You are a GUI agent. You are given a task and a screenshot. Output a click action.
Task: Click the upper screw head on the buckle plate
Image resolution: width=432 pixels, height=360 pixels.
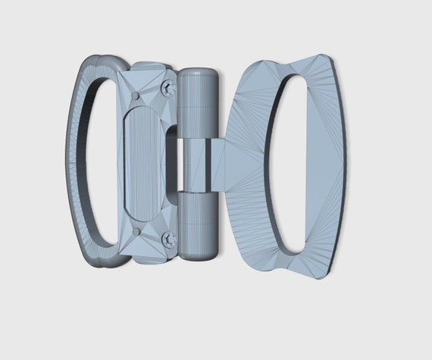pos(167,89)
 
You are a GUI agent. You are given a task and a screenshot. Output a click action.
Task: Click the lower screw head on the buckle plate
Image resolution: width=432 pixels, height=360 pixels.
pos(168,239)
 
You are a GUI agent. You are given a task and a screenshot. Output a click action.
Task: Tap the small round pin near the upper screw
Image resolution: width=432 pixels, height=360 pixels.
pos(135,95)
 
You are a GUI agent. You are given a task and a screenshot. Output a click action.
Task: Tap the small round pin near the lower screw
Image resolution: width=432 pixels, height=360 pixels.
pos(135,232)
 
